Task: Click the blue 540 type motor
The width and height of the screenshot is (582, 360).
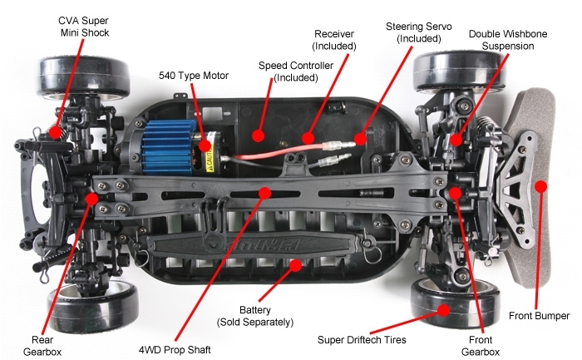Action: tap(176, 143)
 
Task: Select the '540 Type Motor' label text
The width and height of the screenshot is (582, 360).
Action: tap(194, 76)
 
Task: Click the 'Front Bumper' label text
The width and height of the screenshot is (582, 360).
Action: tap(540, 316)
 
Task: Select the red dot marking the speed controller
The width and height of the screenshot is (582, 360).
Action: tap(259, 134)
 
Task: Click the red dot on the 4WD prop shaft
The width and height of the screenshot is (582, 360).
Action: tap(264, 193)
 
